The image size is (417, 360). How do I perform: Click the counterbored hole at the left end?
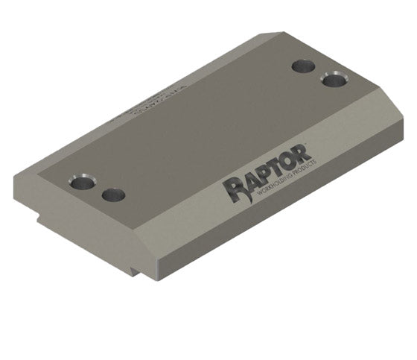[x=82, y=182]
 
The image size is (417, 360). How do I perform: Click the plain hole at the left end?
[x=113, y=195]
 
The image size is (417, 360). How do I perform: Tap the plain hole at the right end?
[x=303, y=66]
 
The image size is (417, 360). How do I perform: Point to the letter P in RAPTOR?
[x=267, y=177]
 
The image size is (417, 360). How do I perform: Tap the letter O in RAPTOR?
[x=296, y=165]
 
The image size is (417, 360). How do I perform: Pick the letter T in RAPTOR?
[x=281, y=171]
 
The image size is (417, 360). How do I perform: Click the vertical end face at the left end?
[x=74, y=224]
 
